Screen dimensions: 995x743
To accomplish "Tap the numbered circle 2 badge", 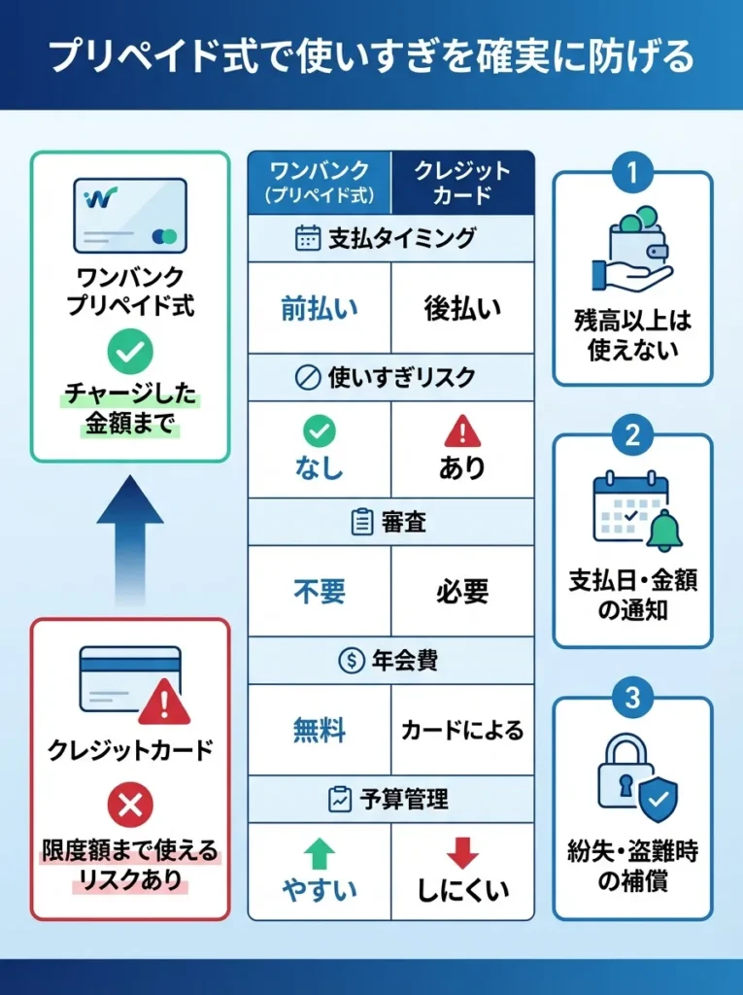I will point(632,434).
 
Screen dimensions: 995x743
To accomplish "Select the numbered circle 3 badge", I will point(632,698).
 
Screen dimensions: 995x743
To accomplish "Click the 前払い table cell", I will point(320,308).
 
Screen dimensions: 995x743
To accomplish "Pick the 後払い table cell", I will point(463,308).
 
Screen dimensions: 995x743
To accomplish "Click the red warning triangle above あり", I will point(462,431).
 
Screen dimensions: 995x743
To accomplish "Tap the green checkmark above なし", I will point(320,430).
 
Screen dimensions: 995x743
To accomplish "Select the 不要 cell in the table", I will point(320,591).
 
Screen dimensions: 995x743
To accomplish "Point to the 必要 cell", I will point(463,591).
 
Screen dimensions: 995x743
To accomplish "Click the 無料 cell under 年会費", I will point(320,730).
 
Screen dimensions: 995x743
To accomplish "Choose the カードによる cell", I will point(463,730).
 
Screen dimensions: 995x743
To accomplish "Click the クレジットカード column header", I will point(463,183).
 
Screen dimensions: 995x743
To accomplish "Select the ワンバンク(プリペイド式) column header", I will point(320,183).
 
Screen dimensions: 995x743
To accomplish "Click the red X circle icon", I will point(129,804).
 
